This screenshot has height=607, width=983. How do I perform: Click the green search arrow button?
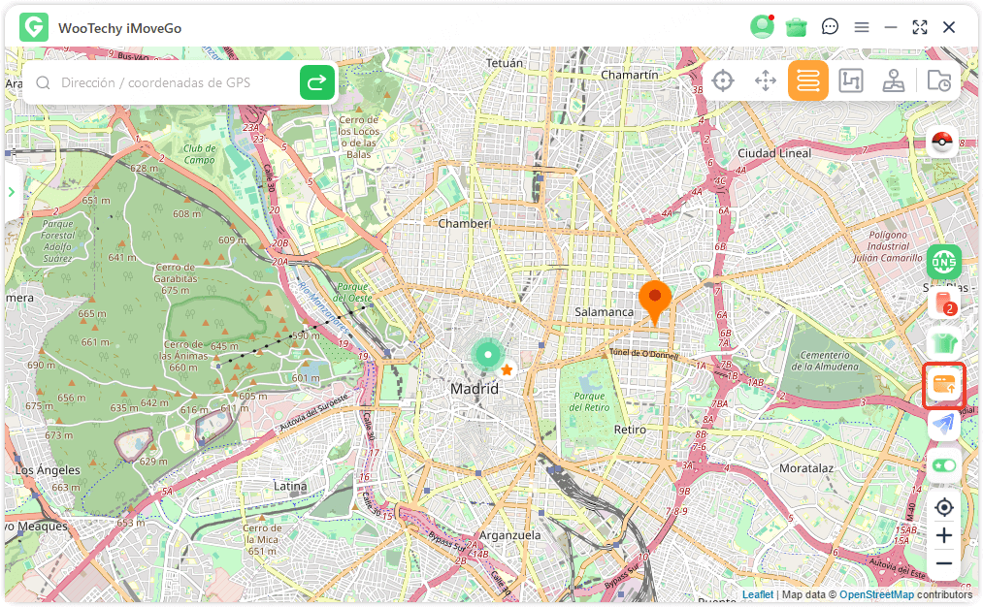[x=316, y=83]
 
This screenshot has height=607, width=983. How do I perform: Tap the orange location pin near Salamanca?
[x=655, y=299]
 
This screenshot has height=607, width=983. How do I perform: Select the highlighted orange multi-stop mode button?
[x=807, y=81]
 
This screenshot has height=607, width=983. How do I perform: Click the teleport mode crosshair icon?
[x=722, y=81]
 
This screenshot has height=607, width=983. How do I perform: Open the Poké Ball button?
[x=942, y=143]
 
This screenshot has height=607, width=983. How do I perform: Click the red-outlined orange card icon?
[x=943, y=385]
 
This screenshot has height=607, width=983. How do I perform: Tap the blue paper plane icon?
[x=943, y=425]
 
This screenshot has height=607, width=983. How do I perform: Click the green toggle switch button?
[x=943, y=465]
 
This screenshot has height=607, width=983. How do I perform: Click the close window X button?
[x=949, y=27]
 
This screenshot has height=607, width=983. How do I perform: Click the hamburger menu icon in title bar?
[x=861, y=27]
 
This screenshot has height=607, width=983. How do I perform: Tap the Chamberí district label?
[x=465, y=223]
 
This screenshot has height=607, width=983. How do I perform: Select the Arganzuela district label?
[x=509, y=535]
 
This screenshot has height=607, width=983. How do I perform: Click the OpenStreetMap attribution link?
[x=876, y=594]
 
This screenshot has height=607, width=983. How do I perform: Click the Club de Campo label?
[x=199, y=153]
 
